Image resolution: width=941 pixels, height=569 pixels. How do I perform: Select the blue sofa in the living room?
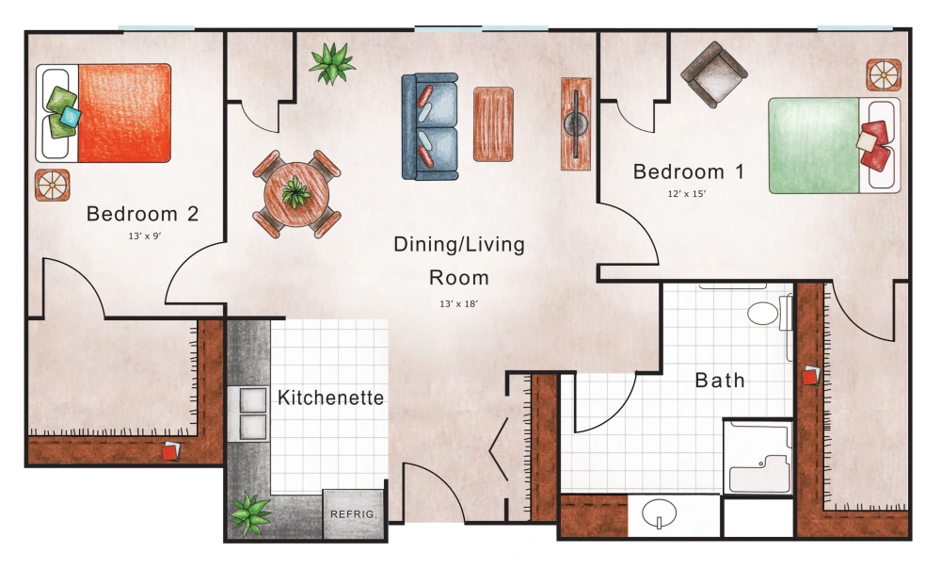coord(429,126)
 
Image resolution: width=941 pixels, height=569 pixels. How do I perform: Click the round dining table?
coord(296,194)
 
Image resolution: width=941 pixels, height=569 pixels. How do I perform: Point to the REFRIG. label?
coord(354,514)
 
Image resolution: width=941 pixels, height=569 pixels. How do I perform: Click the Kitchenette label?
coord(330,398)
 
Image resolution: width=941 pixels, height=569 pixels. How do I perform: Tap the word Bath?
coord(720,381)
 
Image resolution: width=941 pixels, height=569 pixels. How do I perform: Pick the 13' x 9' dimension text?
coord(144,237)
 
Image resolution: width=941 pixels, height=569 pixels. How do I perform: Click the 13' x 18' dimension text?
coord(458,303)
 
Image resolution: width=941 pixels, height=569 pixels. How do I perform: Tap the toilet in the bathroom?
coord(769,313)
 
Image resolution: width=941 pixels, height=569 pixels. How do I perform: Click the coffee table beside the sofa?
coord(493,122)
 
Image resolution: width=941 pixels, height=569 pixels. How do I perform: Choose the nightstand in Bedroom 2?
coord(52,185)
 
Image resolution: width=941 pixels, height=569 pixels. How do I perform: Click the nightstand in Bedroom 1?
coord(884,74)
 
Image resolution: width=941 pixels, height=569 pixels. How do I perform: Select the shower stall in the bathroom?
coord(758,458)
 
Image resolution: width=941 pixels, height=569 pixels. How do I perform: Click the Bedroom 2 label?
coord(142,215)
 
